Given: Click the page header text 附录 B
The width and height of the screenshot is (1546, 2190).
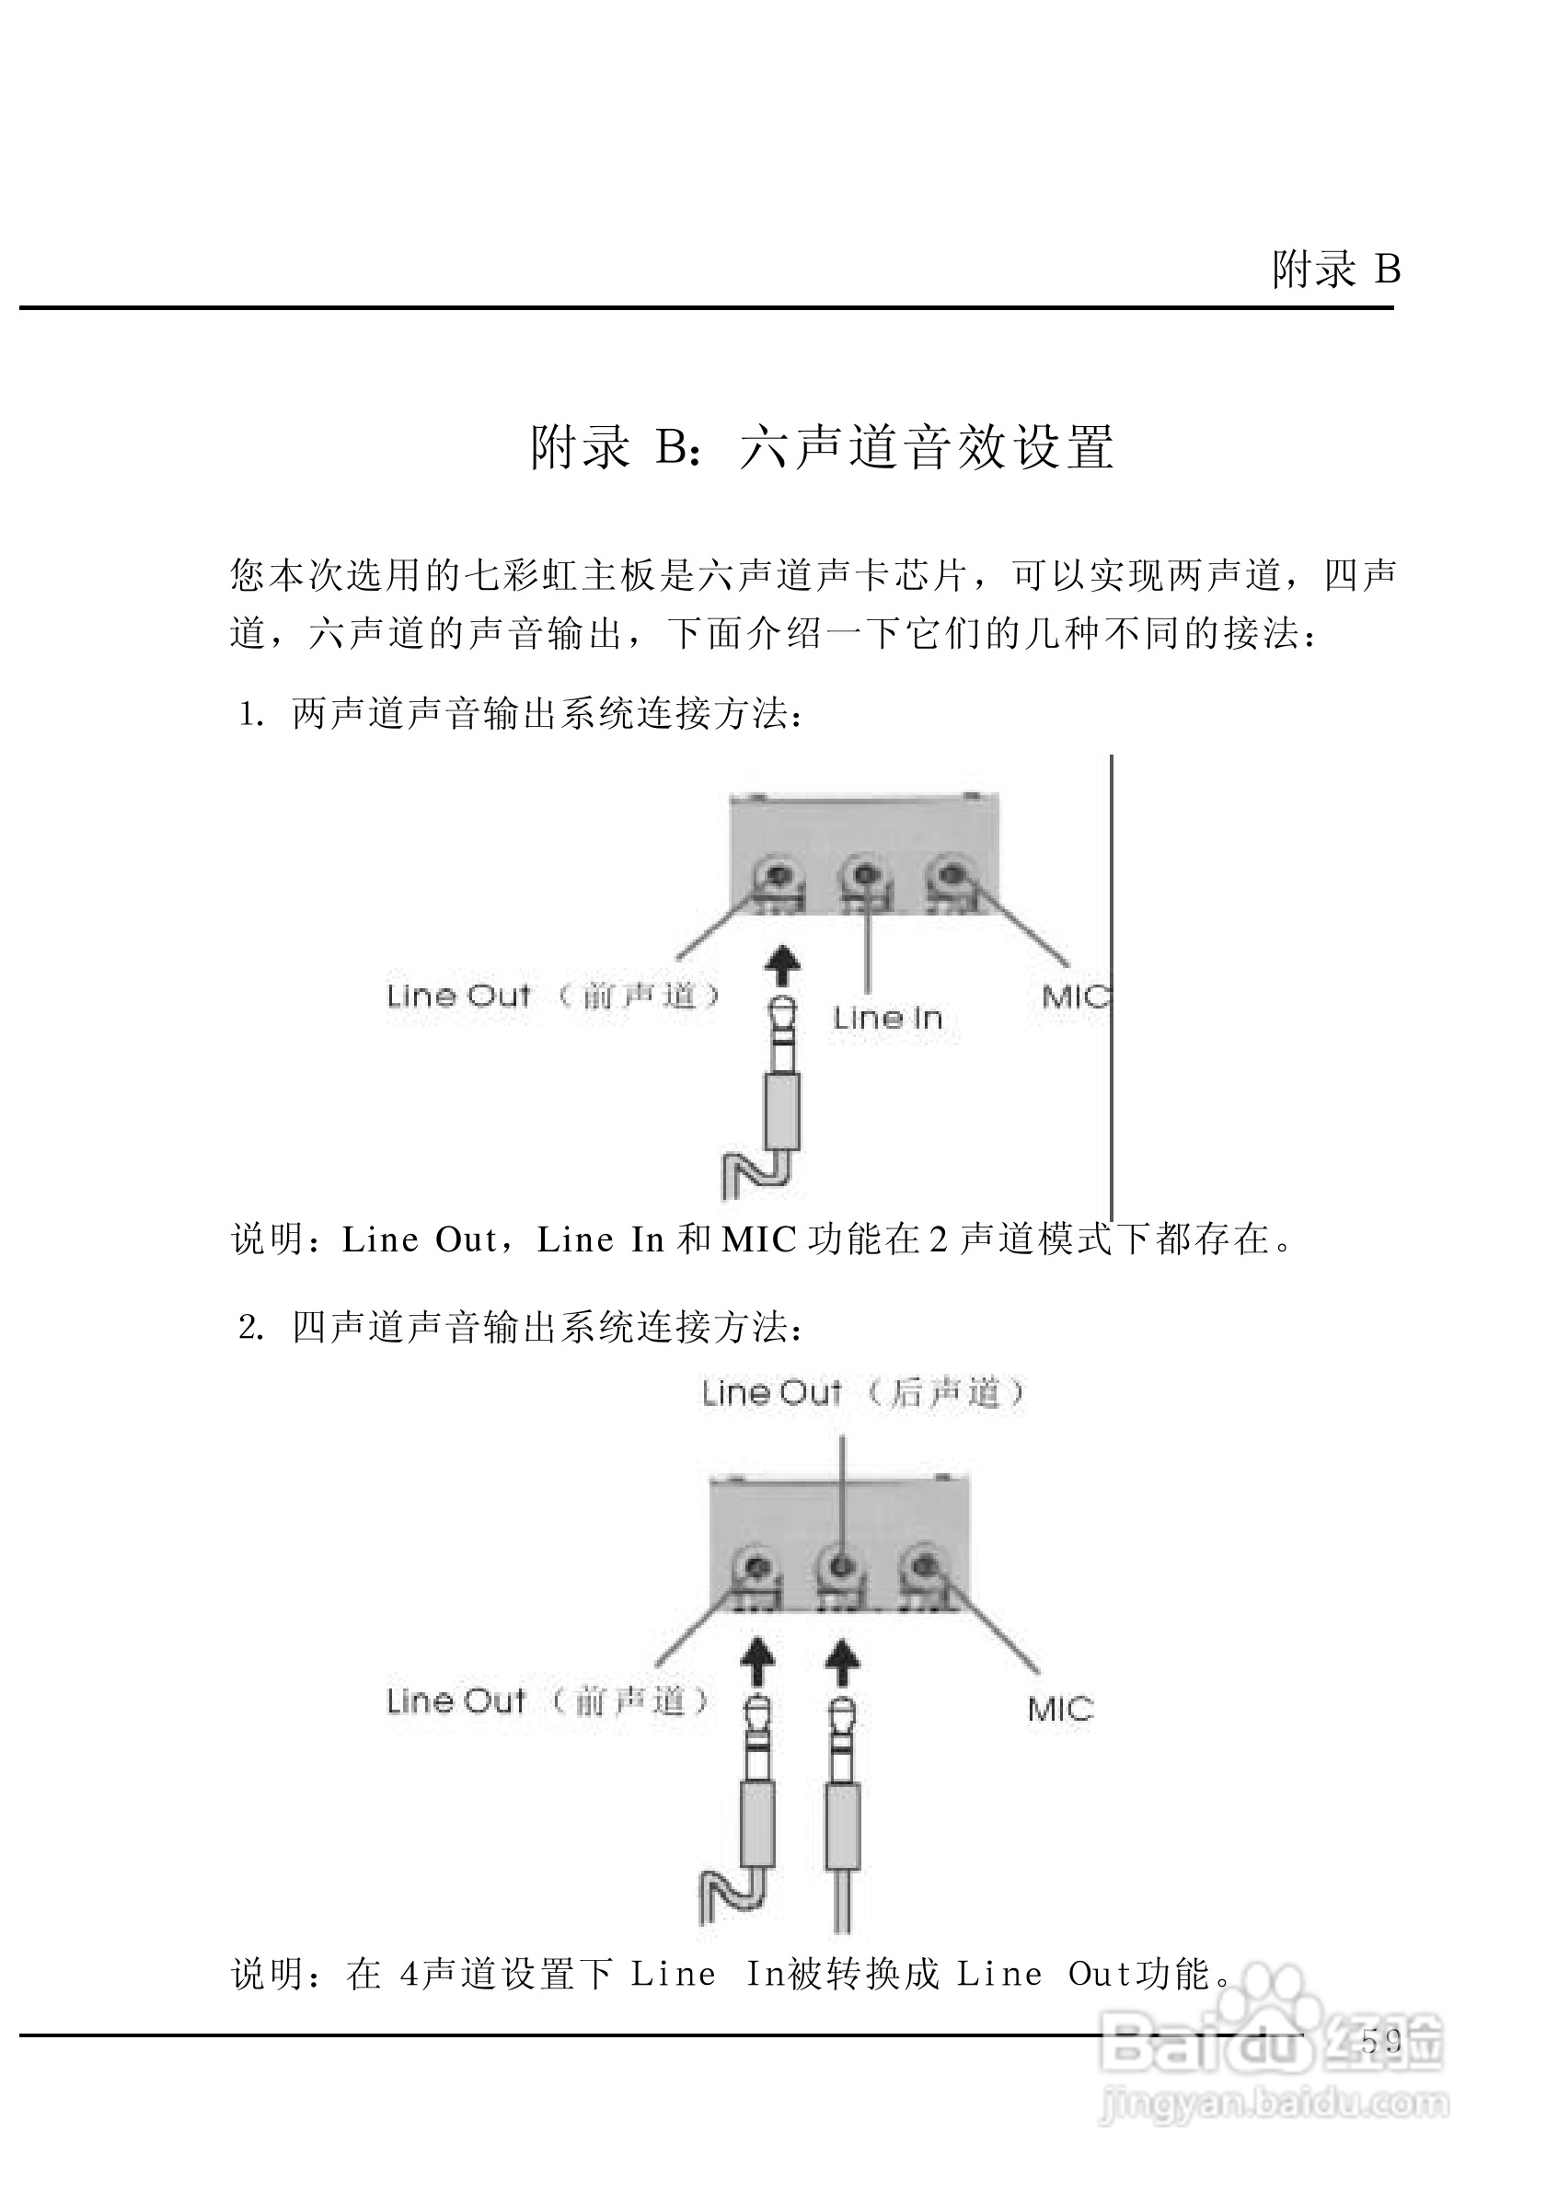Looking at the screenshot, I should [x=1335, y=270].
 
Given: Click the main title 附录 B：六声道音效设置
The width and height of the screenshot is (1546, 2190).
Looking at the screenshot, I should [x=822, y=446].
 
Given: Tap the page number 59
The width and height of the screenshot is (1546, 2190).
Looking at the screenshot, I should [x=1381, y=2041].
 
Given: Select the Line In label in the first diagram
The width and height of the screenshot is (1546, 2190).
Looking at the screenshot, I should [x=887, y=1019].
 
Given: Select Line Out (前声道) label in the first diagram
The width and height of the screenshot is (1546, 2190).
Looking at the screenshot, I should [x=553, y=996].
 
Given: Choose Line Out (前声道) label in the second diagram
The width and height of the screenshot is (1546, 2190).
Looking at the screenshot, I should [x=548, y=1700].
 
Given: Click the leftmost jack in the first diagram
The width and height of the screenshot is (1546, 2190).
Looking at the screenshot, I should [x=779, y=878].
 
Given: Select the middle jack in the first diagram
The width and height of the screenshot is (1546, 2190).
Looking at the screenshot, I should [x=864, y=878].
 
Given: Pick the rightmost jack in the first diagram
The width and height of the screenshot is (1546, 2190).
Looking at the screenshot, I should [x=950, y=877].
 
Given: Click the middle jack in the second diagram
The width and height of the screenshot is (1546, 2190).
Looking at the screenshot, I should [x=841, y=1566].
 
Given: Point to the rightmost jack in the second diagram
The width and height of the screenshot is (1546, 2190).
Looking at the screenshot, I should [x=922, y=1566].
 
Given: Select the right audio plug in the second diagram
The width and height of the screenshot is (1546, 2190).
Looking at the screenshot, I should [x=842, y=1793].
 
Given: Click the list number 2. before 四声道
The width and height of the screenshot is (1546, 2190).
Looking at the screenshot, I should [x=250, y=1328].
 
